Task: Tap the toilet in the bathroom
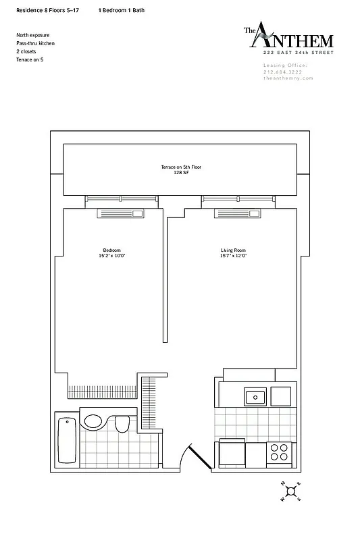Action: point(122,423)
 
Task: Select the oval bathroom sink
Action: point(93,421)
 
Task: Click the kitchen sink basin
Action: point(255,396)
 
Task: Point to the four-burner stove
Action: point(279,452)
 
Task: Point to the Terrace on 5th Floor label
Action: point(179,167)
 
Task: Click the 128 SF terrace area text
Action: point(179,172)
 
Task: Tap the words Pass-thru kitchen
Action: point(35,43)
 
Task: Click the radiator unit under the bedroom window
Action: point(122,214)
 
